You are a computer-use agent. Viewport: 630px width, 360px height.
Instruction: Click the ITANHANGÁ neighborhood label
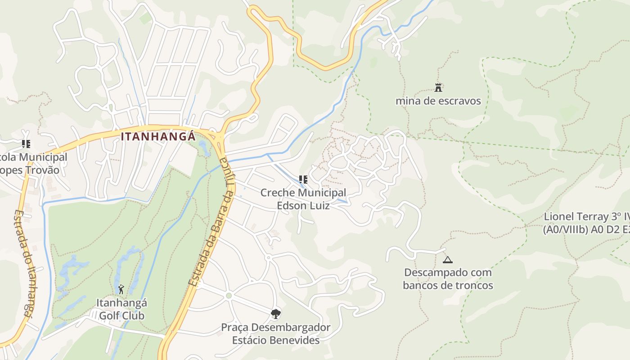coord(158,136)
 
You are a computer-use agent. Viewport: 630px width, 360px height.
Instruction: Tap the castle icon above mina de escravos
coord(438,87)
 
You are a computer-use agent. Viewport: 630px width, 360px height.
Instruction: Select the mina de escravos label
coord(438,101)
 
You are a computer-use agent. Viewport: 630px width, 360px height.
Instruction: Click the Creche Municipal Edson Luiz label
coord(303,199)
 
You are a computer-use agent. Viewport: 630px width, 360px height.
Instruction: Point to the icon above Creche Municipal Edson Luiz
coord(303,180)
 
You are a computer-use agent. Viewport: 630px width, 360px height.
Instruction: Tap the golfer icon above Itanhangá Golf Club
coord(121,289)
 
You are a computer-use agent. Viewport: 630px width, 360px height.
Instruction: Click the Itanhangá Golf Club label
coord(121,309)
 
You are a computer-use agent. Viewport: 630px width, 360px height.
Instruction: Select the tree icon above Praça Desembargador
coord(276,314)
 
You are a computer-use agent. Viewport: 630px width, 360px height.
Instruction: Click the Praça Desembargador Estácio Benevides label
coord(276,333)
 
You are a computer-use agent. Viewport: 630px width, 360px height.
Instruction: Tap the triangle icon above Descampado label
coord(447,260)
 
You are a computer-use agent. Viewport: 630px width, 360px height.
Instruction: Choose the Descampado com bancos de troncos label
coord(448,279)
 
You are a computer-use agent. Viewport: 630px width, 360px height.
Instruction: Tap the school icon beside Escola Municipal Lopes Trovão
coord(26,144)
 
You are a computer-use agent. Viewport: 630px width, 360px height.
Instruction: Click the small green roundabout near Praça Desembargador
coord(229,296)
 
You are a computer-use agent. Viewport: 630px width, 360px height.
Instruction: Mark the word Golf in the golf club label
coord(109,315)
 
